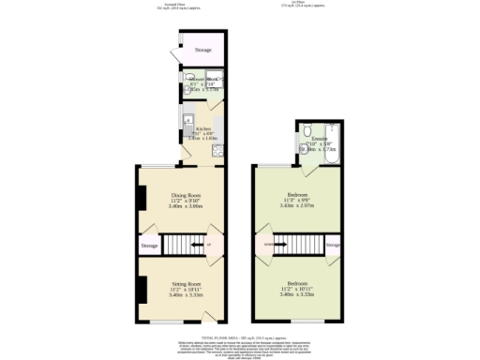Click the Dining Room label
(x=186, y=195)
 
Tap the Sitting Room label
(x=186, y=282)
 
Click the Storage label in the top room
(x=202, y=50)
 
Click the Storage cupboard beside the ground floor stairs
(x=150, y=246)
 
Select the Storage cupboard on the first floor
(x=333, y=246)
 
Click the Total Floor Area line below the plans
(x=240, y=335)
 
